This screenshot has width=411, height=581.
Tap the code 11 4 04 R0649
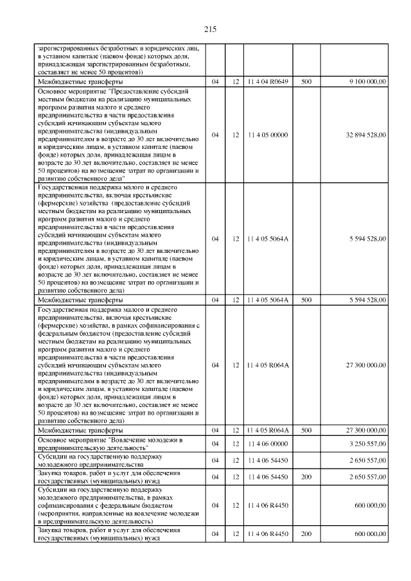click(x=268, y=82)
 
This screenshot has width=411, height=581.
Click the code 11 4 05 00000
click(x=268, y=135)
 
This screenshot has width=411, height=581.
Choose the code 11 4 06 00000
click(x=268, y=444)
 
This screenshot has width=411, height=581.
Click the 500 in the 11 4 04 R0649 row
click(x=306, y=82)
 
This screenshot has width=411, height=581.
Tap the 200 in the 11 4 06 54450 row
click(x=306, y=477)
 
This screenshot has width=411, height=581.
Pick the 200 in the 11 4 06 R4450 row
click(x=306, y=534)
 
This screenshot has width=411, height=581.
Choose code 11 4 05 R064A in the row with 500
click(x=268, y=430)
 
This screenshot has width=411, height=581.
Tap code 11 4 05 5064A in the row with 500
click(x=268, y=299)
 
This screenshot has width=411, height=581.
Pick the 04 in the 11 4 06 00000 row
click(x=215, y=444)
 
